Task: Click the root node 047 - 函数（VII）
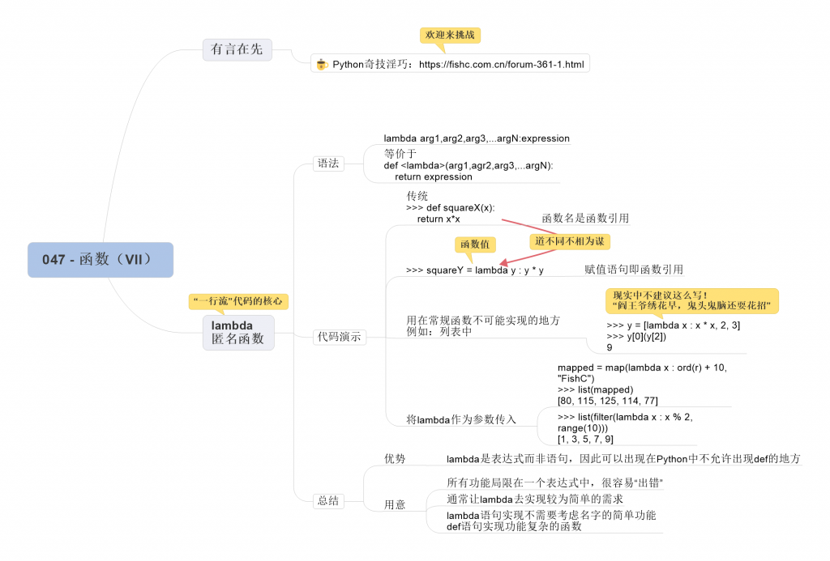tap(100, 260)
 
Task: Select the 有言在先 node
tap(237, 49)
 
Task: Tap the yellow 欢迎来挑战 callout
tap(451, 35)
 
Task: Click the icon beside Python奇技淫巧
tap(322, 64)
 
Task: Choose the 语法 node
tap(328, 164)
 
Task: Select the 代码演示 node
tap(340, 337)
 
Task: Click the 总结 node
tap(328, 501)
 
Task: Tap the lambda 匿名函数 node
tap(238, 333)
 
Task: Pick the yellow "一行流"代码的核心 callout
tap(238, 301)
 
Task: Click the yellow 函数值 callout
tap(476, 244)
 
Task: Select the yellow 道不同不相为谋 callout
tap(570, 241)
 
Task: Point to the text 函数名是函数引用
tap(585, 218)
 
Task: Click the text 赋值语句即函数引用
tap(634, 270)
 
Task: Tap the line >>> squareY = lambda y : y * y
tap(475, 270)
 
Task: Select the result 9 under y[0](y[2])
tap(610, 347)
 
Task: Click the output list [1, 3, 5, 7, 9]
tap(585, 439)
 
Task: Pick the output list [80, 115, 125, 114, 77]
tap(607, 401)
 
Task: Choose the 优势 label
tap(395, 458)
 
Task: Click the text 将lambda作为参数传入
tap(461, 419)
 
